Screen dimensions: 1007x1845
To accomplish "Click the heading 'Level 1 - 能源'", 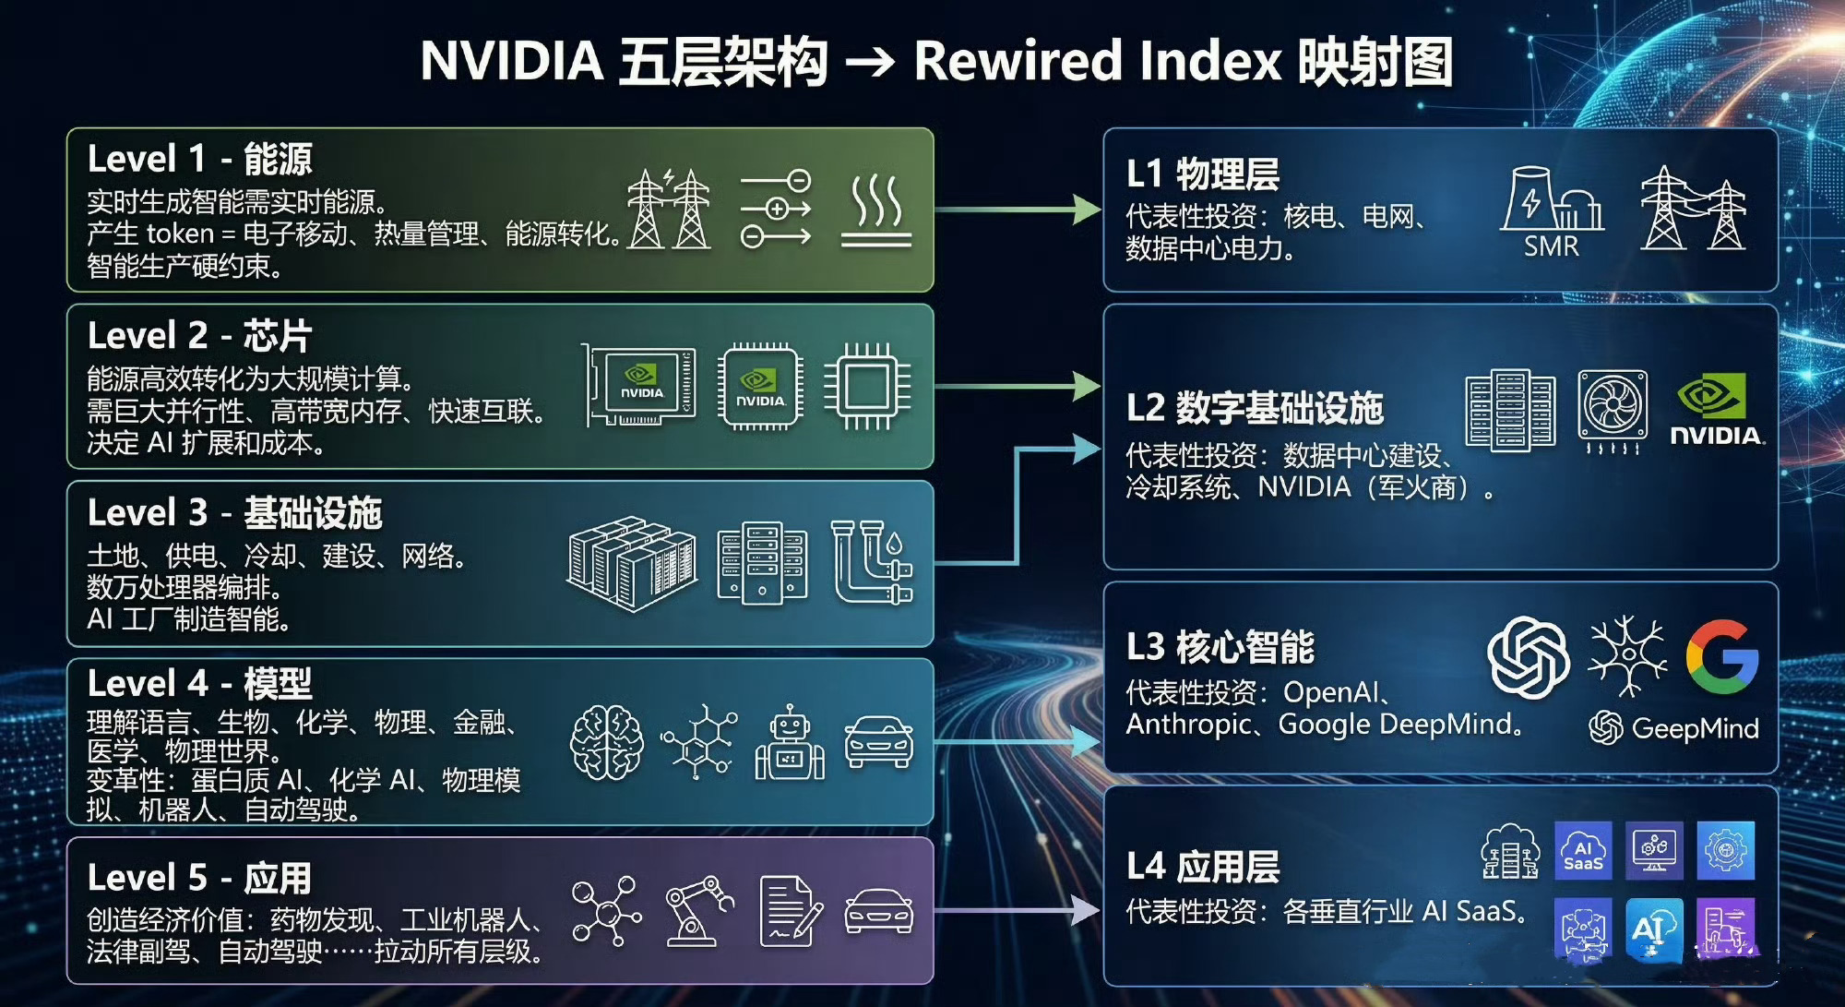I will (199, 159).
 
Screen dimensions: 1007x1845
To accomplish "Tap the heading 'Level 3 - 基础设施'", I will (234, 513).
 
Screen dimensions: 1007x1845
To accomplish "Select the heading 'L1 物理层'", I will (1202, 174).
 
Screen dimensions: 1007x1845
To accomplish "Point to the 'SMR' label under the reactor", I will (1551, 246).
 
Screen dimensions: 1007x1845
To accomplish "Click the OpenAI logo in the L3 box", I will (1528, 657).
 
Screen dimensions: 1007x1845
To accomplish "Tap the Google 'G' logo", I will (1721, 657).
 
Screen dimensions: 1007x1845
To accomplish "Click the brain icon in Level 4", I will (606, 742).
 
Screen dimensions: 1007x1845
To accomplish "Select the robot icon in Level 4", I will (790, 744).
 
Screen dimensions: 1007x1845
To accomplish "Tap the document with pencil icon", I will (790, 912).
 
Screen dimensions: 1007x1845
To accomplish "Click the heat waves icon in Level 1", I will (875, 212).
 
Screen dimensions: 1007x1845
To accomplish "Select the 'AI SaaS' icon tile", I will (1583, 850).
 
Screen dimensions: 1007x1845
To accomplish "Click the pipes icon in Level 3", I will (872, 562).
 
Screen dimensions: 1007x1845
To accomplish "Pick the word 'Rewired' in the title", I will (1018, 61).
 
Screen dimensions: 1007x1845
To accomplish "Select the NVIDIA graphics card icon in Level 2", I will (640, 385).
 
